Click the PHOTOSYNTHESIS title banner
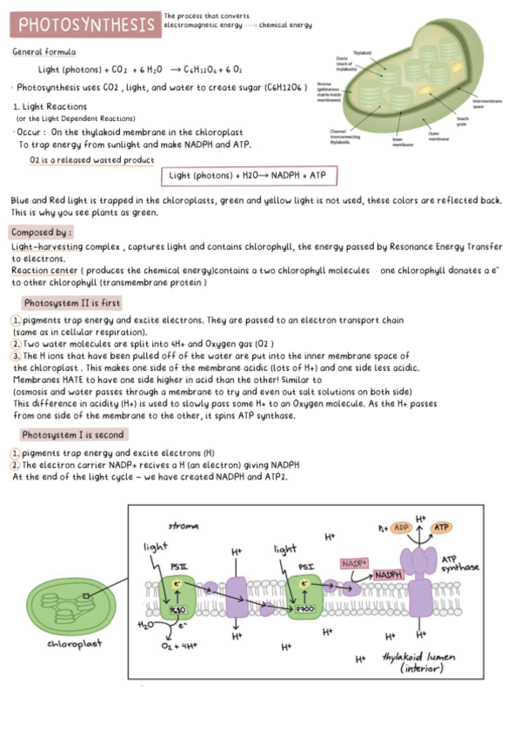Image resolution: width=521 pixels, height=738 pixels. pyautogui.click(x=84, y=23)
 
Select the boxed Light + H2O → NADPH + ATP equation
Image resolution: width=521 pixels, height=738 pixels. pyautogui.click(x=250, y=176)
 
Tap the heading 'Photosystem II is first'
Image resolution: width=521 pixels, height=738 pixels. pyautogui.click(x=71, y=303)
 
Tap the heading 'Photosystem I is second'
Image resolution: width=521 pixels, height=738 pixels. pyautogui.click(x=72, y=434)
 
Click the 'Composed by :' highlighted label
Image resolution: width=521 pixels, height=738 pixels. pyautogui.click(x=41, y=232)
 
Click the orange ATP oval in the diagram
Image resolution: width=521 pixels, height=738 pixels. pyautogui.click(x=442, y=527)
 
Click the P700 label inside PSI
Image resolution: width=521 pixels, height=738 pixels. pyautogui.click(x=304, y=609)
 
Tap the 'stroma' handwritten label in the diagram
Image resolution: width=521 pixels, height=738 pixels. pyautogui.click(x=183, y=526)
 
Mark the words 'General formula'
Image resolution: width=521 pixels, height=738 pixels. pyautogui.click(x=43, y=52)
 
